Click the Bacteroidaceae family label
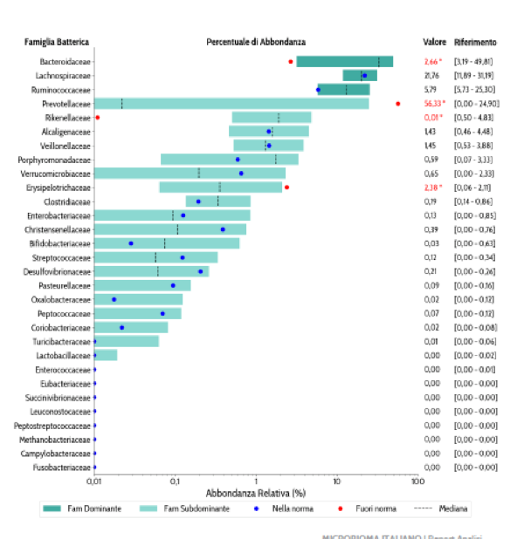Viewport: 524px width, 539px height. click(x=65, y=62)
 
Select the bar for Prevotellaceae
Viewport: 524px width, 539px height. click(x=231, y=104)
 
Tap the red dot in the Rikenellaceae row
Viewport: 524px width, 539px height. click(x=97, y=117)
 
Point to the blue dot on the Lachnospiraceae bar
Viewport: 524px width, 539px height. click(x=364, y=76)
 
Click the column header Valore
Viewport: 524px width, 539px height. click(x=433, y=42)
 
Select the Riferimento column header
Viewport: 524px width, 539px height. click(x=476, y=42)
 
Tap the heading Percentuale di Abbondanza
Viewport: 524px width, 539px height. click(x=256, y=42)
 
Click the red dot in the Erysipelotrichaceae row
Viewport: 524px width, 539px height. click(x=286, y=187)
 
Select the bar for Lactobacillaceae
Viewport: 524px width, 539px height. click(x=106, y=355)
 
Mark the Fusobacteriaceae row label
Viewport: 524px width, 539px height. click(x=64, y=467)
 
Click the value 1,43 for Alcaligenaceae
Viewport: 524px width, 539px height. click(x=431, y=132)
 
